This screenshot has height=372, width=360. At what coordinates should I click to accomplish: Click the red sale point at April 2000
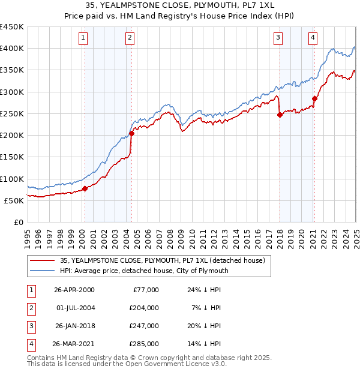pos(85,188)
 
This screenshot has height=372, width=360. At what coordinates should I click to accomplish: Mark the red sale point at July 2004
pos(131,133)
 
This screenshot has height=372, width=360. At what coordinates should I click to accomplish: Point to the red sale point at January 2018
pos(280,115)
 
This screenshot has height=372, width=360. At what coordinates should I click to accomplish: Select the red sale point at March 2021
pos(314,98)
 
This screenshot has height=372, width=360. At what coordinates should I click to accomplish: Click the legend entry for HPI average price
pos(143,271)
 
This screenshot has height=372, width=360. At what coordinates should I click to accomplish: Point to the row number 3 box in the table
pos(31,326)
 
